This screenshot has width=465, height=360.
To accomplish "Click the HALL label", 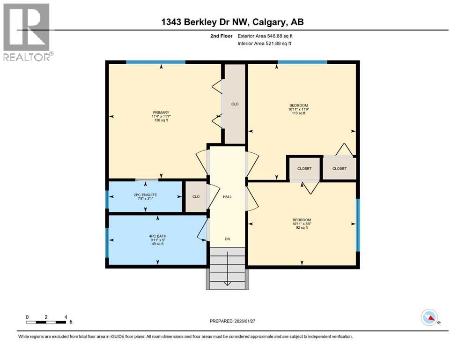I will click(x=227, y=196).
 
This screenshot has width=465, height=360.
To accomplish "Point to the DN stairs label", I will click(x=227, y=239).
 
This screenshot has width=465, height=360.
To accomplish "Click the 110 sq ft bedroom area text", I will click(x=299, y=113).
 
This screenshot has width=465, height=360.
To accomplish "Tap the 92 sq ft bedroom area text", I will click(x=302, y=228).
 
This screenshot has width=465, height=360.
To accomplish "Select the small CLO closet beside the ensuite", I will click(x=195, y=196).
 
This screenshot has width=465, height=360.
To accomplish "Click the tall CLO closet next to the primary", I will click(x=235, y=104).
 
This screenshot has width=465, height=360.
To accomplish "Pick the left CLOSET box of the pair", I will click(x=304, y=169).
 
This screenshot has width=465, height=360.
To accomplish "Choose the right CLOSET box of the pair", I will click(x=340, y=169).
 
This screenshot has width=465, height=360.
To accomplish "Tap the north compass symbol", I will click(x=430, y=318).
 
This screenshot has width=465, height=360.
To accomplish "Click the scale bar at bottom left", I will click(x=46, y=322).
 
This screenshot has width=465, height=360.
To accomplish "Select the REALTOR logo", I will click(x=27, y=32).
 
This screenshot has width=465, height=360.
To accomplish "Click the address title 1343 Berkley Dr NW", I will click(x=232, y=22).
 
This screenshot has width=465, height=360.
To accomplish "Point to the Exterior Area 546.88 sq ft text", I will click(x=267, y=36).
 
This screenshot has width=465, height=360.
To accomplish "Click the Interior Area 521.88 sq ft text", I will click(x=267, y=44).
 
